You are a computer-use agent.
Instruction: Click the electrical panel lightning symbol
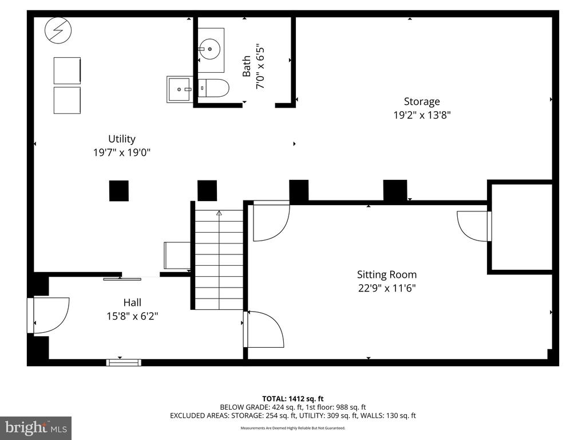pyautogui.click(x=58, y=30)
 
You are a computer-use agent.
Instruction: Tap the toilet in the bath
pyautogui.click(x=213, y=88)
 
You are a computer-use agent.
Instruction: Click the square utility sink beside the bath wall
pyautogui.click(x=180, y=89)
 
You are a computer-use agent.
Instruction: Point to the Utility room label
pyautogui.click(x=122, y=139)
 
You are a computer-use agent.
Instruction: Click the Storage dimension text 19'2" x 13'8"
pyautogui.click(x=422, y=115)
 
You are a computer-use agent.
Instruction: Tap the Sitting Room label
pyautogui.click(x=387, y=274)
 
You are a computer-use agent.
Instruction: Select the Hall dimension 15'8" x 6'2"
pyautogui.click(x=132, y=316)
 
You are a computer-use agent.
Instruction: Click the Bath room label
pyautogui.click(x=246, y=66)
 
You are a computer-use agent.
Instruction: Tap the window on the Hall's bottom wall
pyautogui.click(x=124, y=362)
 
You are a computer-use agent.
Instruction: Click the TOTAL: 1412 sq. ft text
pyautogui.click(x=292, y=399)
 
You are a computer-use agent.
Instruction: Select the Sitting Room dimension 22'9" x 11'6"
pyautogui.click(x=387, y=289)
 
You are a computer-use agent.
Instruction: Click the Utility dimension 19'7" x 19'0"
pyautogui.click(x=122, y=152)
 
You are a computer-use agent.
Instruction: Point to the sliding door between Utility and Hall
pyautogui.click(x=122, y=279)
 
